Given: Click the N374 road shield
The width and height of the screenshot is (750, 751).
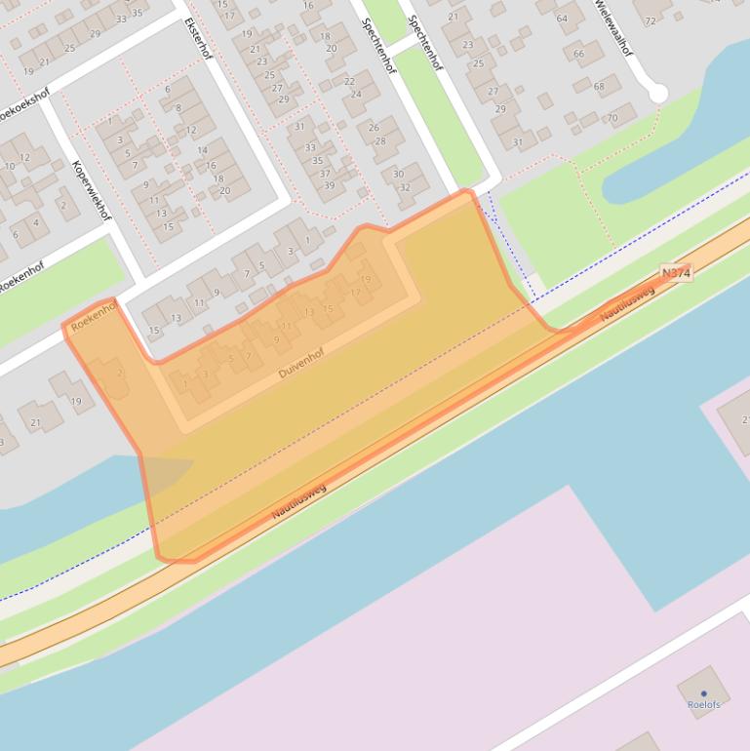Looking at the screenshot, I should coord(675,274).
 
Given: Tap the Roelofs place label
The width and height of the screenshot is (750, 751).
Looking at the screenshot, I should coord(703,704).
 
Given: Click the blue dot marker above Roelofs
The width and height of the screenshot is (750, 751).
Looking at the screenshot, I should coord(703,693).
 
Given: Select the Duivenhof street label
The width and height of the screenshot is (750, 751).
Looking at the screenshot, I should coord(300,362).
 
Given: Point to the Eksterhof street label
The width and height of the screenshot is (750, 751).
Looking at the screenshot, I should coord(197,38).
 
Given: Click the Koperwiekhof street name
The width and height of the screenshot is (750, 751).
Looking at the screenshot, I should coord(92,190).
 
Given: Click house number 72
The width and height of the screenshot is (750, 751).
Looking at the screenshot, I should coord(651,20).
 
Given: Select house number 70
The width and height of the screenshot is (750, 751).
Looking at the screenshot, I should coord(612,119).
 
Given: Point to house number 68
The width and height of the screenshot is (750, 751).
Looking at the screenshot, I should coord(599,87).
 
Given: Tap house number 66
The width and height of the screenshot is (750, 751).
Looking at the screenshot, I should coord(579,54).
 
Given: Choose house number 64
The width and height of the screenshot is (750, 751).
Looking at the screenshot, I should coord(563,19).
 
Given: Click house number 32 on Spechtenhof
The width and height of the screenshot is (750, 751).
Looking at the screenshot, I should coord(406,188).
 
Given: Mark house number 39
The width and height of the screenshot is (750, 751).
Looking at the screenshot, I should coord(329,185).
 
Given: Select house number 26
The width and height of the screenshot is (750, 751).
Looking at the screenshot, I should coord(374,128).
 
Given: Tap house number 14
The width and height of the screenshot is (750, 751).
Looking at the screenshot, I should coord(203,150).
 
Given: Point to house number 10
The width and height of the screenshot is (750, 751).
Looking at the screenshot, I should coord(11,166).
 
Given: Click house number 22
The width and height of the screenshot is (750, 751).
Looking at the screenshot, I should coord(349,81).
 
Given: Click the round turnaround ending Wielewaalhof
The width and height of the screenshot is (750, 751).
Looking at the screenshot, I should coord(658,93).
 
